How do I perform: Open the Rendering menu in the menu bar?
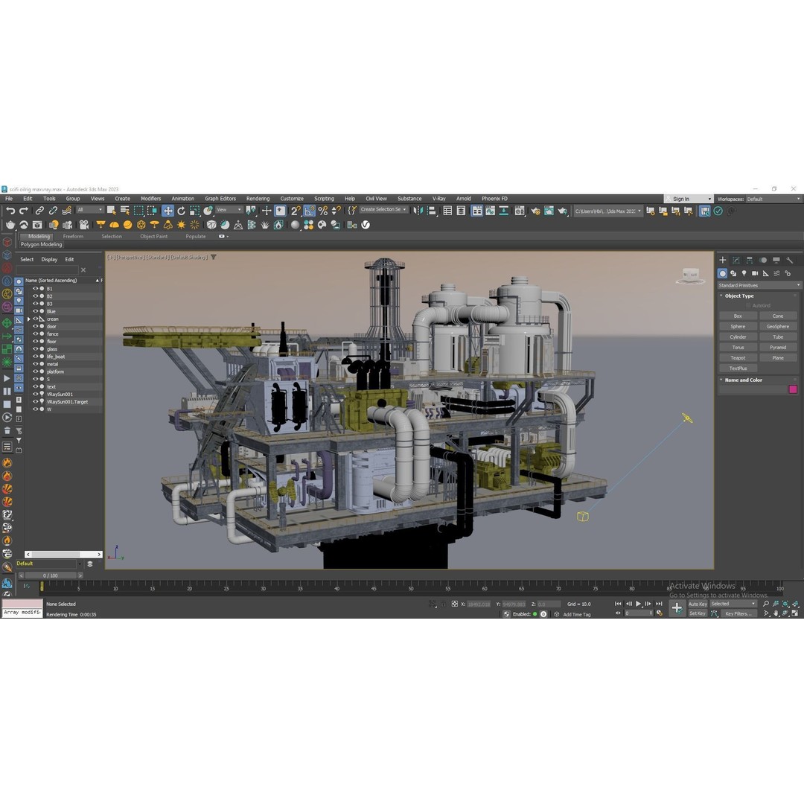pos(258,199)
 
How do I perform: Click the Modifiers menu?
pos(150,199)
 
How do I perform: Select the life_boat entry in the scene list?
pos(56,357)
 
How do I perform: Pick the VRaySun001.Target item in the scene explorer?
pos(67,402)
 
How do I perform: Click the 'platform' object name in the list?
pos(55,371)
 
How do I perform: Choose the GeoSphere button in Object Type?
pos(777,326)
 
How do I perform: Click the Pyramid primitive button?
pos(777,347)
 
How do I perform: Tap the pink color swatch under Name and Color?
pos(793,389)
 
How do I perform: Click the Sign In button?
pos(681,199)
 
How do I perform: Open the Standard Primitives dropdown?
pos(759,285)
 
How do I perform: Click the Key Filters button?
pos(738,613)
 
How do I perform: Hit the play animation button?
pos(638,604)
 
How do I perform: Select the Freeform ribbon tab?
pos(73,236)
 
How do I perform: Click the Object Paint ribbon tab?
pos(153,236)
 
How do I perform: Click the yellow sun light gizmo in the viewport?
pos(687,418)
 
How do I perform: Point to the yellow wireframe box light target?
pos(583,516)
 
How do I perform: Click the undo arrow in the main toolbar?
pos(10,211)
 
